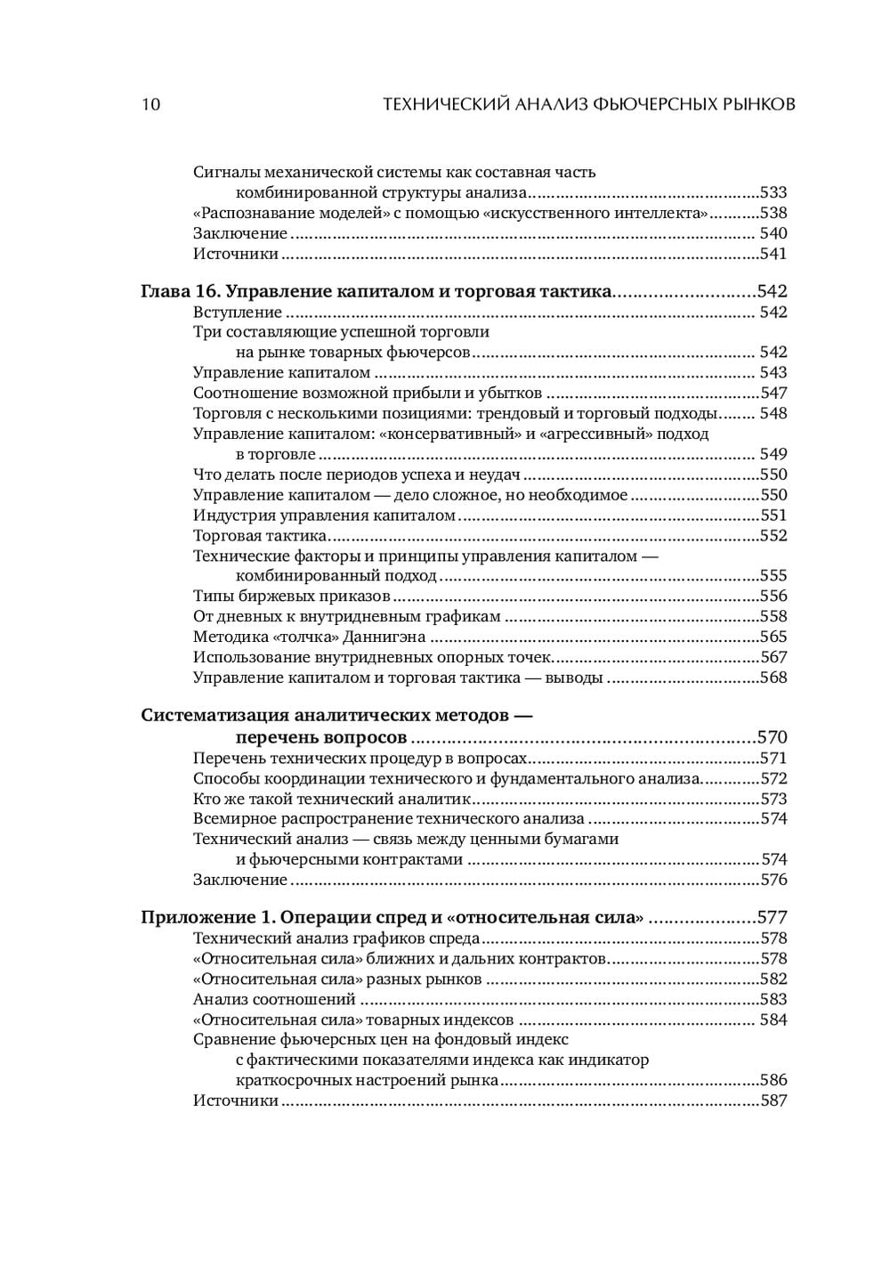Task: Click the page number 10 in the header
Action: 150,104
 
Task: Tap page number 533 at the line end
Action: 773,192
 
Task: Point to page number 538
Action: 773,213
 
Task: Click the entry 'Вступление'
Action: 238,313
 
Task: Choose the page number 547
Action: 773,393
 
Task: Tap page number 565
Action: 773,637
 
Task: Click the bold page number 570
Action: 772,737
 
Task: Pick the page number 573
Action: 773,799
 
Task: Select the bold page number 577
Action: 772,918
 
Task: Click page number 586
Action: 773,1081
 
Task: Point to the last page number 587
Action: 773,1101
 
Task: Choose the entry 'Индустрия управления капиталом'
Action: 325,516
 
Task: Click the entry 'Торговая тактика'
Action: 259,536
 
